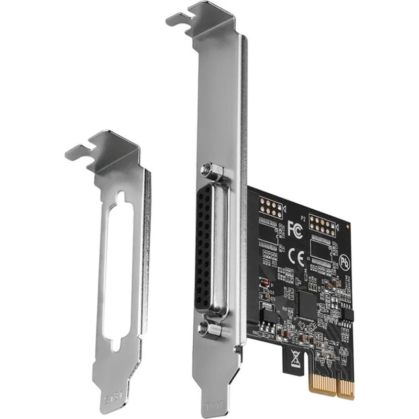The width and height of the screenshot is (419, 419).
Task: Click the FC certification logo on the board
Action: [294, 227]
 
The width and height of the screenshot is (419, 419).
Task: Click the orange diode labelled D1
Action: [266, 284]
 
